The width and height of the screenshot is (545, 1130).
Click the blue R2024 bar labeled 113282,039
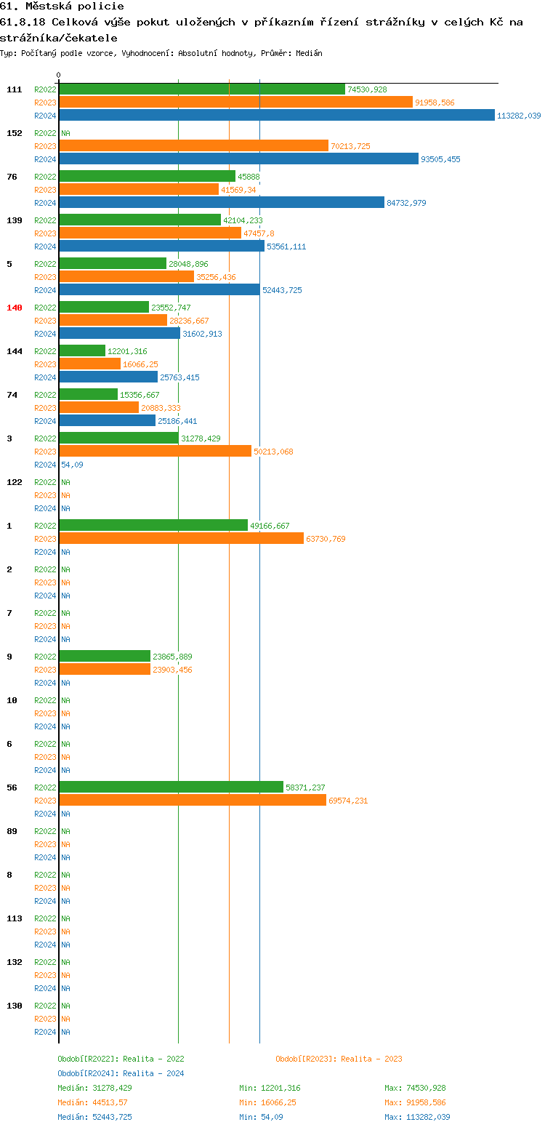click(x=276, y=115)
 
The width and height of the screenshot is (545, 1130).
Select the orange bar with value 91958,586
click(x=235, y=102)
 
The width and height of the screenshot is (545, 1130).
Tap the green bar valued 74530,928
click(x=202, y=89)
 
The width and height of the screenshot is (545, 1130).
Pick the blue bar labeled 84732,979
click(x=222, y=202)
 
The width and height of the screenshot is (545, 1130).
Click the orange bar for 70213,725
click(x=193, y=145)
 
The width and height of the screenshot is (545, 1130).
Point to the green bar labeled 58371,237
click(x=171, y=787)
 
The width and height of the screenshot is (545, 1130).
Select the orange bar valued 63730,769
click(x=181, y=538)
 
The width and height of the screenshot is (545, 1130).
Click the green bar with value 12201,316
click(x=82, y=350)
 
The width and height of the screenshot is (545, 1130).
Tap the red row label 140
click(x=15, y=308)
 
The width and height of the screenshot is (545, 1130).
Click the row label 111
click(x=15, y=89)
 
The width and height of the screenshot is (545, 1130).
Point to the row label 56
click(x=12, y=788)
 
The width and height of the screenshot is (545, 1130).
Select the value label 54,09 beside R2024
click(x=71, y=465)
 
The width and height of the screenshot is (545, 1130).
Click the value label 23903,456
click(x=172, y=670)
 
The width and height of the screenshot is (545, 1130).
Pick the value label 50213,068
click(x=273, y=452)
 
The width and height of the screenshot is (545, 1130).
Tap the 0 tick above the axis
click(x=59, y=75)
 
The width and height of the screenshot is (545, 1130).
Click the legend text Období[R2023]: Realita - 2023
click(x=339, y=1059)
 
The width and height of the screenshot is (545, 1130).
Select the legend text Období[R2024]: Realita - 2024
click(x=121, y=1073)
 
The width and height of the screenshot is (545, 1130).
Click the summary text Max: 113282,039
click(x=417, y=1117)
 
